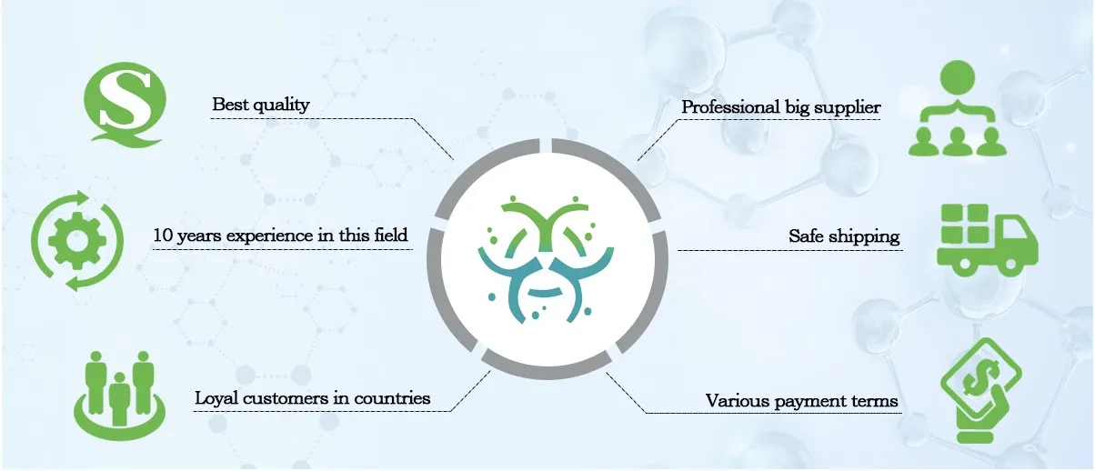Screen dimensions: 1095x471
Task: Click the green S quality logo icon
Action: [122, 107]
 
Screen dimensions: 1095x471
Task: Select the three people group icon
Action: [119, 388]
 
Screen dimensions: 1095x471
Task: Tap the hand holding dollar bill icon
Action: [981, 388]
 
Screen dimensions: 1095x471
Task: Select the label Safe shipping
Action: [844, 236]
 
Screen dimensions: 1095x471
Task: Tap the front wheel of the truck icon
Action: [1008, 266]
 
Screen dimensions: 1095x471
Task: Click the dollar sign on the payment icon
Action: [981, 374]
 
